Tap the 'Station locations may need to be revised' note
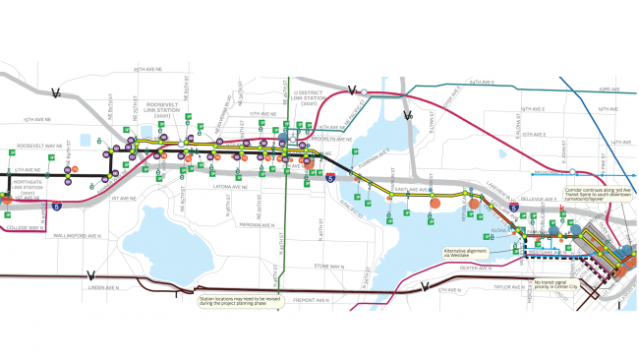pos(237,299)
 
